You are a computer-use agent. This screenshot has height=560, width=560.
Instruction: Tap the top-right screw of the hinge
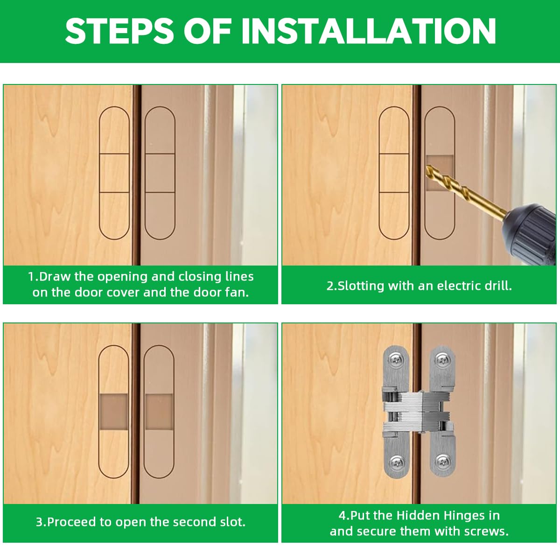tap(441, 359)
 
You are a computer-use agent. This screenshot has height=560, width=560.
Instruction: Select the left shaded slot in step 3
tap(114, 412)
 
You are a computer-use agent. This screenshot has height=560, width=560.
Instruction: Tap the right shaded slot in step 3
tap(159, 412)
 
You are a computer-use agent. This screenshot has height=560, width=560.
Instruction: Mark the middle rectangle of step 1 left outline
tap(114, 173)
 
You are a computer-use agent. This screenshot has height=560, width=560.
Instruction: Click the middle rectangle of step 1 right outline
tap(160, 173)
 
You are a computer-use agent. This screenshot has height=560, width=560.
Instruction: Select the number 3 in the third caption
tap(39, 522)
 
